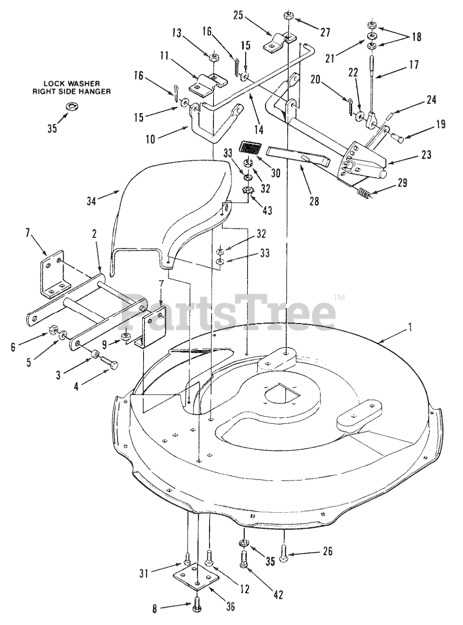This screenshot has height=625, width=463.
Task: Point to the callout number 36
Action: pyautogui.click(x=230, y=606)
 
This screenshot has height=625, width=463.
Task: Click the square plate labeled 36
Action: pyautogui.click(x=196, y=581)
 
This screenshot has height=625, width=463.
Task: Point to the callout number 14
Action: pyautogui.click(x=258, y=130)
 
